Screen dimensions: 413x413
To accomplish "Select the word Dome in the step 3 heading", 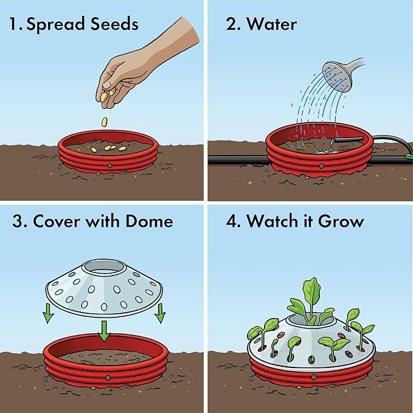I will pyautogui.click(x=148, y=221).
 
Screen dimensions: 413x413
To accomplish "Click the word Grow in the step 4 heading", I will pyautogui.click(x=339, y=221).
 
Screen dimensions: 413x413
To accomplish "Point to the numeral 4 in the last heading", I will pyautogui.click(x=224, y=221).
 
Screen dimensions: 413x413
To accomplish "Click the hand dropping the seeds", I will pyautogui.click(x=131, y=67).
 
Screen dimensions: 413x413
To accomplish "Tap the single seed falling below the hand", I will pyautogui.click(x=105, y=121).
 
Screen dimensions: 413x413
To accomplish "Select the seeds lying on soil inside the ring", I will pyautogui.click(x=106, y=148).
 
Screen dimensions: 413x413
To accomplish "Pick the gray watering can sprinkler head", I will pyautogui.click(x=338, y=75).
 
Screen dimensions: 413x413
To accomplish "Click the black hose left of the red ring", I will pyautogui.click(x=237, y=159).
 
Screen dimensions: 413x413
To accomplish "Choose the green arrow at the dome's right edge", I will pyautogui.click(x=161, y=313).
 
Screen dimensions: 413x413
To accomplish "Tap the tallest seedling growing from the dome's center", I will pyautogui.click(x=311, y=298).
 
